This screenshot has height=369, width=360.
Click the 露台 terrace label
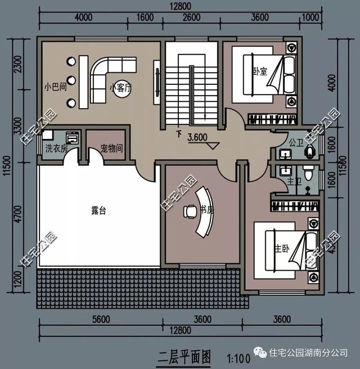pos(98,211)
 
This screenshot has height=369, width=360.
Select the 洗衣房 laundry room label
pos(56,150)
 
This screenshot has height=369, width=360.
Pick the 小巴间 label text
pos(55,87)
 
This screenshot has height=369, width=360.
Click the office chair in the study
pos(188,211)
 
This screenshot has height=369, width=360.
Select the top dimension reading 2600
pos(192,17)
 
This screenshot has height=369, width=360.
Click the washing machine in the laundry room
pos(73,138)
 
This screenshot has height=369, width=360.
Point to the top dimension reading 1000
pos(309,17)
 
